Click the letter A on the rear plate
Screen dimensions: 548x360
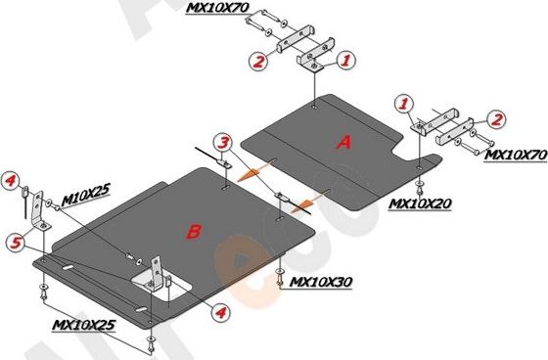pyautogui.click(x=343, y=143)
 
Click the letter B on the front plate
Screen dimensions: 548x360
pyautogui.click(x=194, y=232)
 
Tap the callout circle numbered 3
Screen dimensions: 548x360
pyautogui.click(x=223, y=143)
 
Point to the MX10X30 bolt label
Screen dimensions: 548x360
pyautogui.click(x=322, y=282)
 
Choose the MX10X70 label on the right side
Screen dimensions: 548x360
pyautogui.click(x=515, y=154)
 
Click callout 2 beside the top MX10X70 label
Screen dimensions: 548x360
pyautogui.click(x=258, y=62)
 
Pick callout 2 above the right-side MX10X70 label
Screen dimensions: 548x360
pyautogui.click(x=498, y=118)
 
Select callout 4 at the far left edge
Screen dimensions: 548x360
pyautogui.click(x=9, y=180)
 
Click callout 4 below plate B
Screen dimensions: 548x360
pyautogui.click(x=221, y=313)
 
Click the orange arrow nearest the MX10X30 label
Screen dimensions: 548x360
pyautogui.click(x=303, y=200)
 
